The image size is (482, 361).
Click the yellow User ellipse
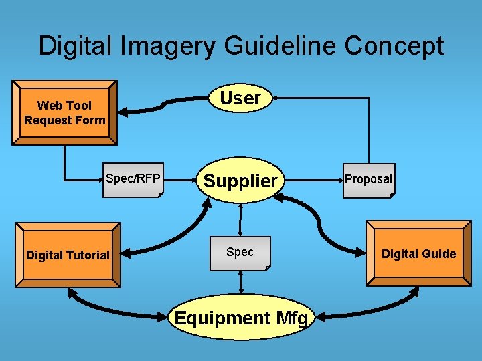240,98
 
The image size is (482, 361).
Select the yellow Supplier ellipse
240,180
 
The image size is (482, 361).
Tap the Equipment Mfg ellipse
241,318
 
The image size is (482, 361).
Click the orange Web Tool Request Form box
64,112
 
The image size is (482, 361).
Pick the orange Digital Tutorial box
68,255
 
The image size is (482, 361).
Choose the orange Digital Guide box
418,253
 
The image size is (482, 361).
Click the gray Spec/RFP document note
133,179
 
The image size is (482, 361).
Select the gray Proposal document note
368,180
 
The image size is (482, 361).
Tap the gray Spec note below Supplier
240,253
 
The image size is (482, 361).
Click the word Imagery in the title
169,46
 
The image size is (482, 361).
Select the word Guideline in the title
281,46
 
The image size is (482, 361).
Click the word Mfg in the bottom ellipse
289,318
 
